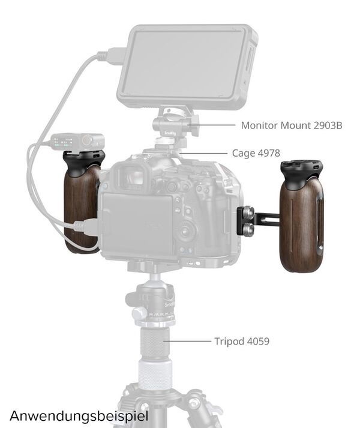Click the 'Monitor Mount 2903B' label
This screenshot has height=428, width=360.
292,125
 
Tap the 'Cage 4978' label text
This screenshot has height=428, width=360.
256,153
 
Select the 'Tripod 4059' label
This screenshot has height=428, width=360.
242,341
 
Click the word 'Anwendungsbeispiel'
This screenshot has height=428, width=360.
79,416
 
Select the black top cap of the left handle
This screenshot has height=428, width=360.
81,162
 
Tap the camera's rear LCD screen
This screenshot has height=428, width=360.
136,223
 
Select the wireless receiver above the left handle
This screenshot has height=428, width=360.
78,142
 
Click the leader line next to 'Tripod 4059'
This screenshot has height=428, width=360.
187,341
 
